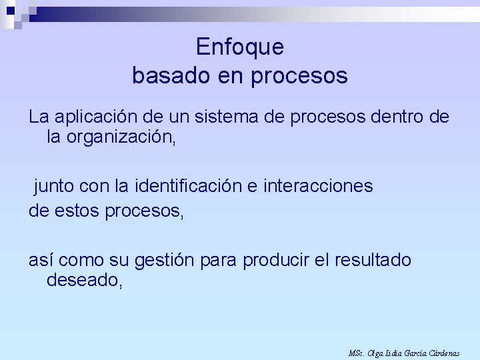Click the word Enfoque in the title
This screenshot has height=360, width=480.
coord(240,47)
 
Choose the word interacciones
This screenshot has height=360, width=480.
coord(319,186)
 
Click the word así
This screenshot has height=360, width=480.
coord(41,260)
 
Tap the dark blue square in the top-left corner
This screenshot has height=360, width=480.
coord(11,9)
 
